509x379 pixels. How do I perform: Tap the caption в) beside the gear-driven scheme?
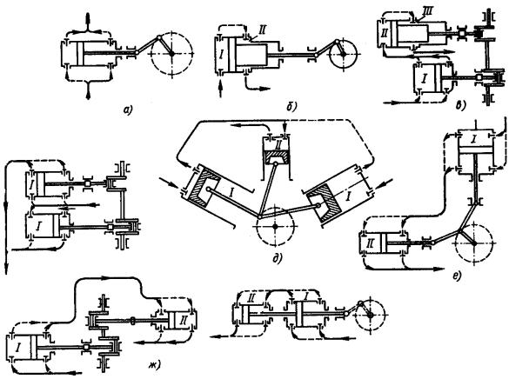coord(461,105)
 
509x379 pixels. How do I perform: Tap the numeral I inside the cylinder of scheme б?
coord(221,55)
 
